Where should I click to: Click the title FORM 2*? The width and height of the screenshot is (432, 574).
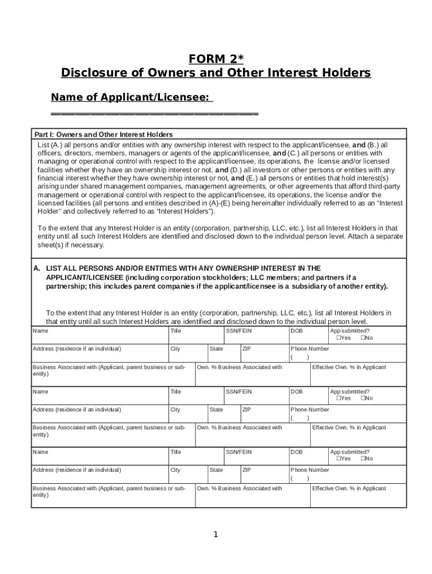pyautogui.click(x=216, y=59)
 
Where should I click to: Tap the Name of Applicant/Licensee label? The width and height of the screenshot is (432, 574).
pyautogui.click(x=131, y=98)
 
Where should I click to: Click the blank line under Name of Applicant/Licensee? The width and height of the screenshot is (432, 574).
pyautogui.click(x=154, y=114)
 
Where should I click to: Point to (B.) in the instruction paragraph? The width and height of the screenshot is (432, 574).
pyautogui.click(x=373, y=145)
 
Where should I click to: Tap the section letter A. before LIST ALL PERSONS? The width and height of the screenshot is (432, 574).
pyautogui.click(x=37, y=269)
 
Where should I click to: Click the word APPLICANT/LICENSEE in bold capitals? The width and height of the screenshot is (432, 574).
pyautogui.click(x=85, y=277)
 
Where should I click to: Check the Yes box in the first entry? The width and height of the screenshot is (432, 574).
pyautogui.click(x=339, y=338)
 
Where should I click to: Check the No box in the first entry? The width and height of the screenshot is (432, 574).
pyautogui.click(x=363, y=338)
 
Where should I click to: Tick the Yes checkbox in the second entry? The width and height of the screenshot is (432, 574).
pyautogui.click(x=339, y=399)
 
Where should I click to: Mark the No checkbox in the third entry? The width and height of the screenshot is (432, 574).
pyautogui.click(x=363, y=459)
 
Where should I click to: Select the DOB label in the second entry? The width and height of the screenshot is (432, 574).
pyautogui.click(x=296, y=392)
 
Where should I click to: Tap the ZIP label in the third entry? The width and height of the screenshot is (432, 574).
pyautogui.click(x=247, y=470)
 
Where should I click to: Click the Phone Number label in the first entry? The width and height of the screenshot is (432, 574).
pyautogui.click(x=310, y=349)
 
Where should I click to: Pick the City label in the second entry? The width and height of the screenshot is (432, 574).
pyautogui.click(x=176, y=410)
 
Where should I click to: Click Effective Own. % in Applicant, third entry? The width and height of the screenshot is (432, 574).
pyautogui.click(x=349, y=489)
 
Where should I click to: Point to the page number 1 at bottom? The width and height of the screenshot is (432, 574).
pyautogui.click(x=215, y=534)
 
